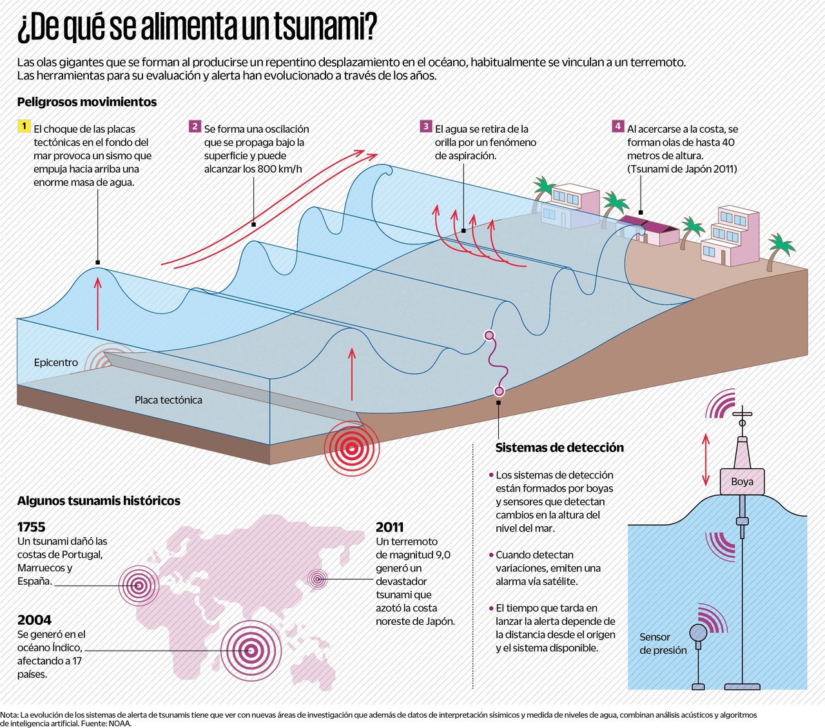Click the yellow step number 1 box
(x=24, y=126)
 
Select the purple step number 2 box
(x=195, y=126)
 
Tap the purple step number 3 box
(x=425, y=126)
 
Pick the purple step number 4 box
(x=617, y=126)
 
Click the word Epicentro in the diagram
(x=56, y=362)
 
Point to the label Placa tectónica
(x=168, y=400)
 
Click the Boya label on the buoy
(x=742, y=482)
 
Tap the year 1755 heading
(x=32, y=527)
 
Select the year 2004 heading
(x=34, y=620)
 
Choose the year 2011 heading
(x=389, y=527)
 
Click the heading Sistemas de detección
(x=559, y=448)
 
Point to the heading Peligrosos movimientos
(x=87, y=102)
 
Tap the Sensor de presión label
(x=663, y=644)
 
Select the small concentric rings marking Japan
(x=317, y=579)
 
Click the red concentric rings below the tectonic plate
(x=351, y=448)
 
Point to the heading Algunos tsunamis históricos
(x=99, y=501)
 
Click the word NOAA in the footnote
(x=119, y=723)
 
